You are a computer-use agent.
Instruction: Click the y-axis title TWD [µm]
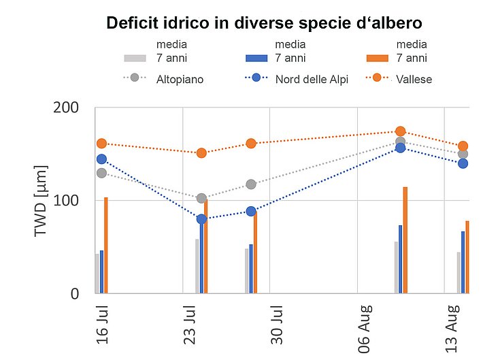[40, 201]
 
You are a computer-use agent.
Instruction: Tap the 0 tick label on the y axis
[75, 294]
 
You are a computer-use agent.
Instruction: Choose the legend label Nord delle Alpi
[312, 79]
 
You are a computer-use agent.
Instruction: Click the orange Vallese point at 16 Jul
[102, 144]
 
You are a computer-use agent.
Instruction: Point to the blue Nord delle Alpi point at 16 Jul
[102, 159]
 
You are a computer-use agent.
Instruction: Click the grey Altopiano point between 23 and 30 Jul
[251, 184]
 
